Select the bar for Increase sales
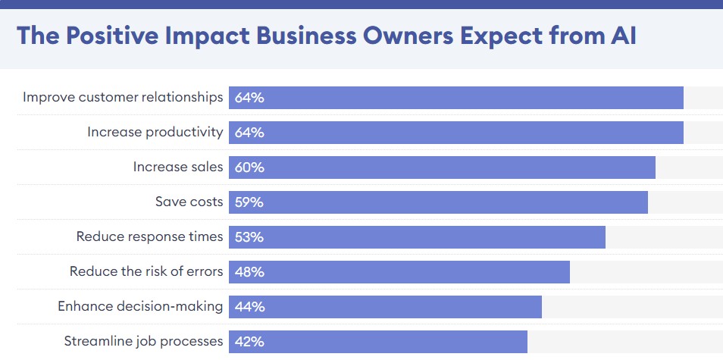(442, 167)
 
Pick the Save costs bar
(439, 202)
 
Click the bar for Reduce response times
(418, 237)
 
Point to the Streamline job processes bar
(378, 342)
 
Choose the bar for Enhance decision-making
(386, 307)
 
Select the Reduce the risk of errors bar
(399, 272)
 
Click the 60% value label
(249, 167)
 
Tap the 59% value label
(249, 202)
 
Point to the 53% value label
(249, 237)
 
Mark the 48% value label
(249, 272)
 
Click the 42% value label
(249, 342)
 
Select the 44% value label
(250, 307)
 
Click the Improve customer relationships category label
(123, 97)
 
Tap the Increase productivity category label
(155, 133)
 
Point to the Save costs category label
(189, 202)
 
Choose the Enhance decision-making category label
(140, 306)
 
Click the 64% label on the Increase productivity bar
(249, 133)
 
